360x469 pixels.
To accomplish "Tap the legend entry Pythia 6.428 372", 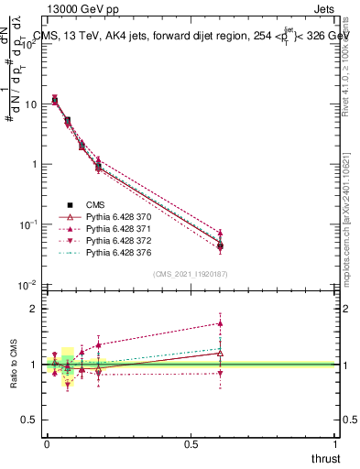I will pos(120,239).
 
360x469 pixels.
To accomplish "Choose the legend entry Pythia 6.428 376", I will pos(120,251).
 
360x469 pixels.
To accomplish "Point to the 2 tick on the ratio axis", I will pos(35,309).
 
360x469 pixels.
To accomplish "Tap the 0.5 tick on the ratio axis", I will pos(30,420).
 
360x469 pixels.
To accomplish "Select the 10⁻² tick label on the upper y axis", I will pos(28,286).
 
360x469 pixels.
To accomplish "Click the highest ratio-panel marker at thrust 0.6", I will pos(220,322).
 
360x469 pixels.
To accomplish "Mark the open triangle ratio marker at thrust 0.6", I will pos(220,353).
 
